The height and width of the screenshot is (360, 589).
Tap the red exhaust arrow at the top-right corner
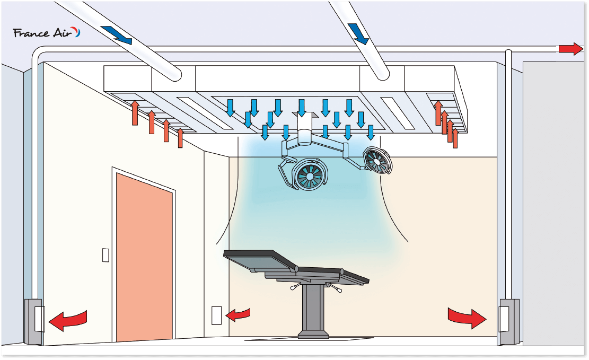570,49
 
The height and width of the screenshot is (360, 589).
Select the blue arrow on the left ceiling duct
116,34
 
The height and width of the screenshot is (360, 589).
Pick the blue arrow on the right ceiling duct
358,33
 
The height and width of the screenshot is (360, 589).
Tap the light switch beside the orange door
106,255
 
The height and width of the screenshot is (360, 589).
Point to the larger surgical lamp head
309,175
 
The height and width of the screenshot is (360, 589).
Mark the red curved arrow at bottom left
67,320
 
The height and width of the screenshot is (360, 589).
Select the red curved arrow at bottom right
467,317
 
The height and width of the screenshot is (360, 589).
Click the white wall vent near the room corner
216,315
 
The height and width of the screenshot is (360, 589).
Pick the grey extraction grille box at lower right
509,321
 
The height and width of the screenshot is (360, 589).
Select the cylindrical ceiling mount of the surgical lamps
305,130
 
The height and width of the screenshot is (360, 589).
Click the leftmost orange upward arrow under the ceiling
135,112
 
